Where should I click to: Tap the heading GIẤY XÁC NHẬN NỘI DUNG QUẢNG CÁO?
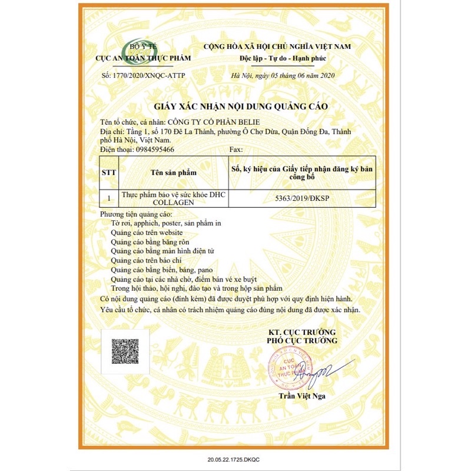pyautogui.click(x=240, y=106)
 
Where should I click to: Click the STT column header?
pyautogui.click(x=110, y=173)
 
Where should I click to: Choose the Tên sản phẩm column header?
pyautogui.click(x=173, y=173)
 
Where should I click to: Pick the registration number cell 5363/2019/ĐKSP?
pyautogui.click(x=301, y=198)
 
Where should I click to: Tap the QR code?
pyautogui.click(x=125, y=351)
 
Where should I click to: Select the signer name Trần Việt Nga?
pyautogui.click(x=302, y=396)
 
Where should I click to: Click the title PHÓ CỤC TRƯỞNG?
pyautogui.click(x=302, y=340)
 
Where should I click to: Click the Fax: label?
pyautogui.click(x=235, y=150)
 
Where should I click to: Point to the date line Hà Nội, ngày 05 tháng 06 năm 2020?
pyautogui.click(x=283, y=75)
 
